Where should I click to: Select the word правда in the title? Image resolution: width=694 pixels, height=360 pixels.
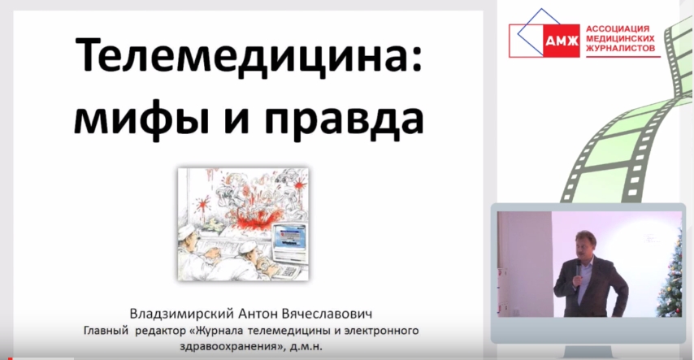[344, 120]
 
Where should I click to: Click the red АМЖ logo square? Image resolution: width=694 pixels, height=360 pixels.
[562, 41]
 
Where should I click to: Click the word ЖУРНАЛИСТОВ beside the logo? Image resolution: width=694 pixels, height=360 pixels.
[621, 48]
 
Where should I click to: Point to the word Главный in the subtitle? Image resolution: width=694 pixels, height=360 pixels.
[106, 331]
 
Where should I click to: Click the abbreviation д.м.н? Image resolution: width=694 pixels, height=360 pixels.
[306, 346]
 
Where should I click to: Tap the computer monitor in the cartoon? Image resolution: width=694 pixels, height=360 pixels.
[288, 243]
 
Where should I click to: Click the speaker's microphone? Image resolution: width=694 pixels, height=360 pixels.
[578, 272]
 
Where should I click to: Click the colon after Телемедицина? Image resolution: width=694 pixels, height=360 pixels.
[417, 61]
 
